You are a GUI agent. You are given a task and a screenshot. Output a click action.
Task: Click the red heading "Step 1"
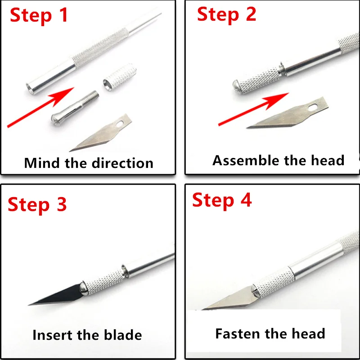click(39, 15)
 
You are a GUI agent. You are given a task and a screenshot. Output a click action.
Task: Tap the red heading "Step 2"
click(226, 14)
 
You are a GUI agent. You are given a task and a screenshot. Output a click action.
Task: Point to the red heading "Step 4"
click(222, 200)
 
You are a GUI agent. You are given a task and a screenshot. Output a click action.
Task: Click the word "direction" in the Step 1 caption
click(122, 163)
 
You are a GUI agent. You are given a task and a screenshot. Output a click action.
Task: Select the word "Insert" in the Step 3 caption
click(52, 335)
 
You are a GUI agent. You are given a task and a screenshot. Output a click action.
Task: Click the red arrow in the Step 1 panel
click(40, 107)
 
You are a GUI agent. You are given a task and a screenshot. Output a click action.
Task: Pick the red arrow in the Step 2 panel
click(253, 109)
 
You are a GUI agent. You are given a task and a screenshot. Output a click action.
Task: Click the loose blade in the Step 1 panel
click(100, 133)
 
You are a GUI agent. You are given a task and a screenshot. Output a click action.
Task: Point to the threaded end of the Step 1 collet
click(93, 95)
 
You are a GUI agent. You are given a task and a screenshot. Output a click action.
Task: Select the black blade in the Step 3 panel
click(55, 295)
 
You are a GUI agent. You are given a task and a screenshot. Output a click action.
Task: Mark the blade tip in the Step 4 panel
click(202, 309)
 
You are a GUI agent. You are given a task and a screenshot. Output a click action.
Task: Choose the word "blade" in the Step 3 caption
click(123, 335)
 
